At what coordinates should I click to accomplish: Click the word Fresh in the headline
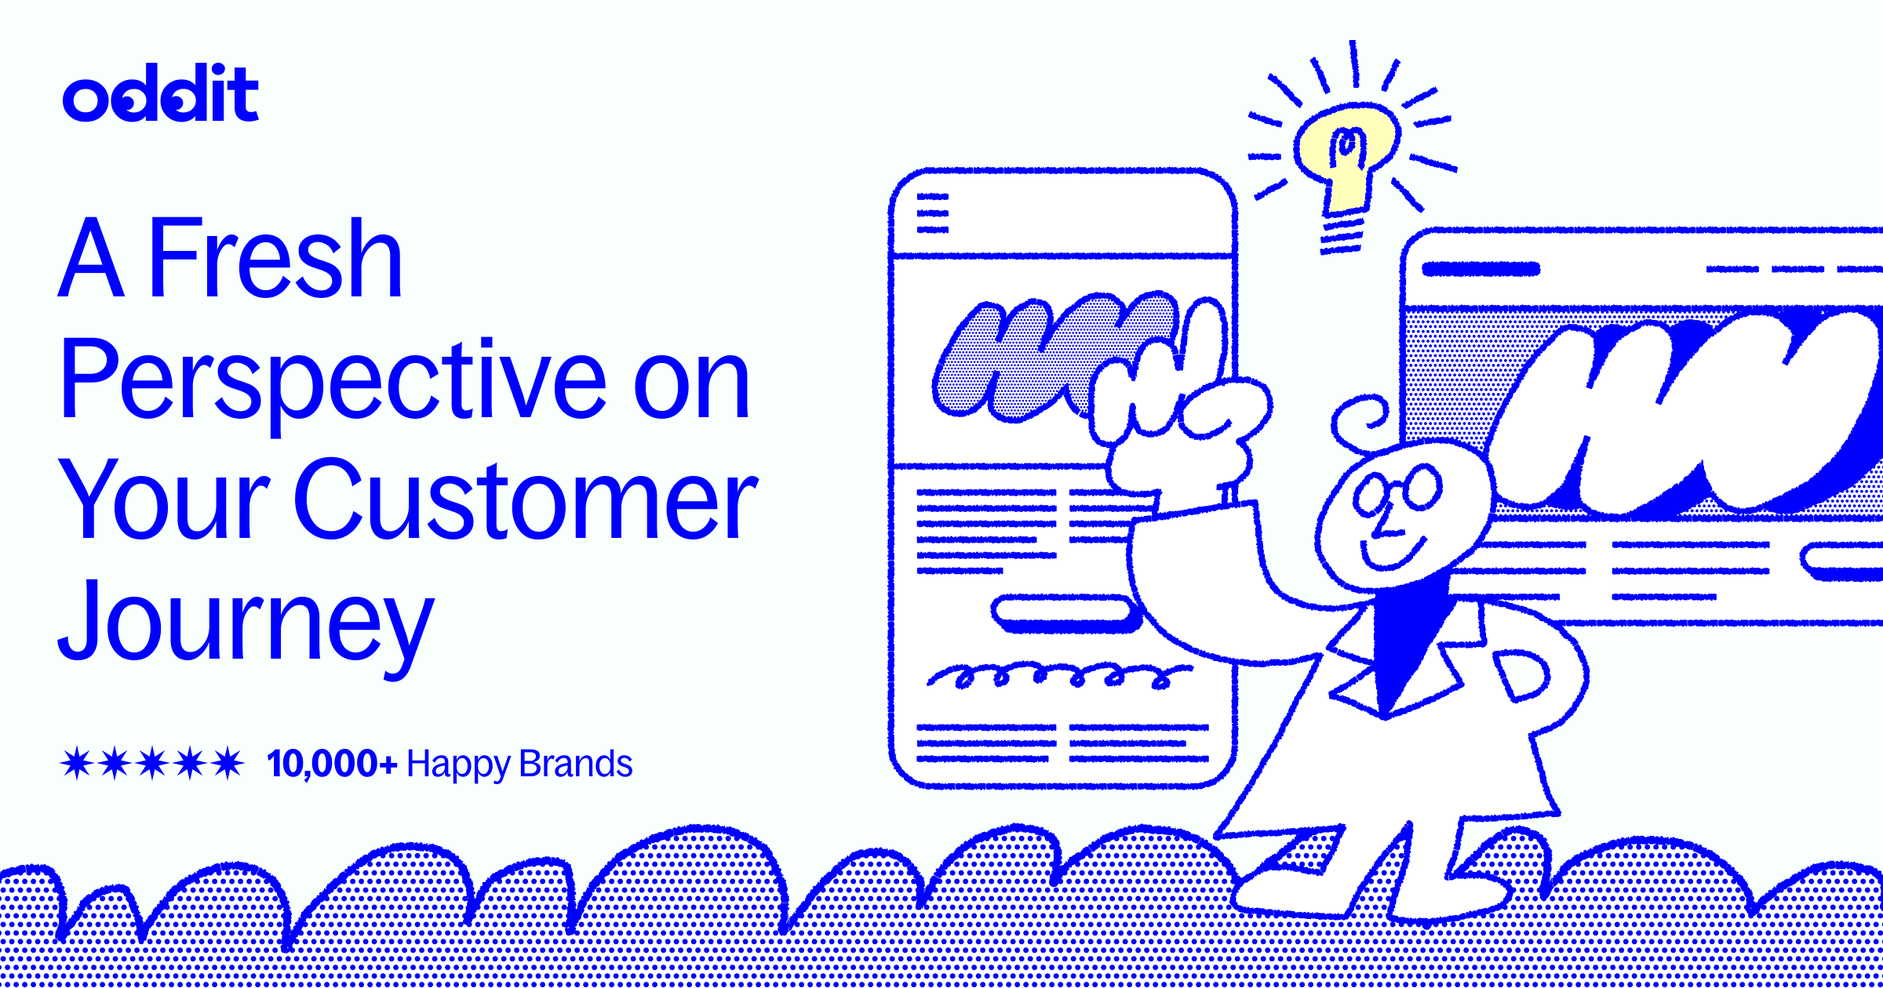(x=275, y=258)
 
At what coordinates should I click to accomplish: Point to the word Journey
(x=246, y=623)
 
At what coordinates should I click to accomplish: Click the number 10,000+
(x=332, y=764)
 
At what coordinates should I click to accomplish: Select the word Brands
(x=575, y=764)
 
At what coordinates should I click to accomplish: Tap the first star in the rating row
(x=77, y=763)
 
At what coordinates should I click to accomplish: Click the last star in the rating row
(x=228, y=763)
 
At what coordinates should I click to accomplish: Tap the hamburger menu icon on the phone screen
(x=933, y=213)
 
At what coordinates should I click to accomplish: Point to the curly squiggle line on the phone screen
(x=1059, y=675)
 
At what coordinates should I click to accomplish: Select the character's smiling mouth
(x=1393, y=553)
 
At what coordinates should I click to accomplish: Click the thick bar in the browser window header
(x=1481, y=269)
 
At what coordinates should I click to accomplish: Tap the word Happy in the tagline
(x=457, y=765)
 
